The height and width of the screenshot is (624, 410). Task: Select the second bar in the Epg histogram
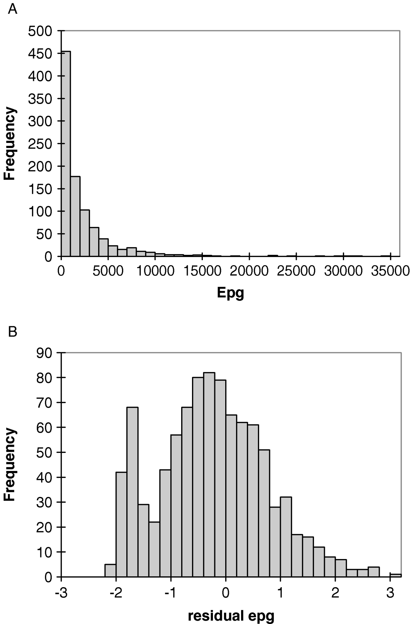pos(75,216)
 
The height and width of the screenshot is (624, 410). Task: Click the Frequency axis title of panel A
pos(10,143)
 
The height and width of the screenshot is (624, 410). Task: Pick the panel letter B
pos(13,332)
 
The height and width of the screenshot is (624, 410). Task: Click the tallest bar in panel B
pos(209,475)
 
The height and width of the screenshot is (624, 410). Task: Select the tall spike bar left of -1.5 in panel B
pos(132,492)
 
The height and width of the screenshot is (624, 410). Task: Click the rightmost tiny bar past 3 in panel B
pos(396,575)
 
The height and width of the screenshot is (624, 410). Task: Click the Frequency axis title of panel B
pos(10,464)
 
